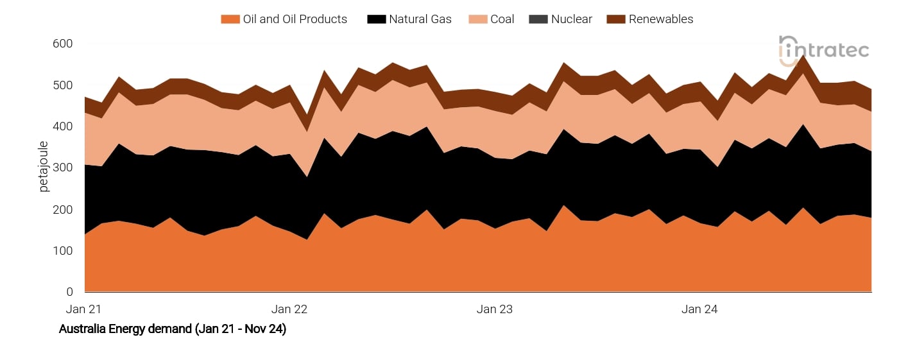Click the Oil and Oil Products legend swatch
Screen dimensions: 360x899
tap(230, 19)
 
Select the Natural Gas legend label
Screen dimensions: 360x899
tap(420, 19)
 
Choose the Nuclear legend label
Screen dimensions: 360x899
tap(572, 19)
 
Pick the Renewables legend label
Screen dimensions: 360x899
tap(661, 19)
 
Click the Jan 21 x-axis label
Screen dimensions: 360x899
tap(84, 309)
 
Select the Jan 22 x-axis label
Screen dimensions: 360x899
tap(289, 309)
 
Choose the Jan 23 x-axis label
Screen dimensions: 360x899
tap(495, 309)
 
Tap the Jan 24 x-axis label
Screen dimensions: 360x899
tap(699, 309)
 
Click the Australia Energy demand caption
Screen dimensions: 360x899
tap(173, 329)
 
